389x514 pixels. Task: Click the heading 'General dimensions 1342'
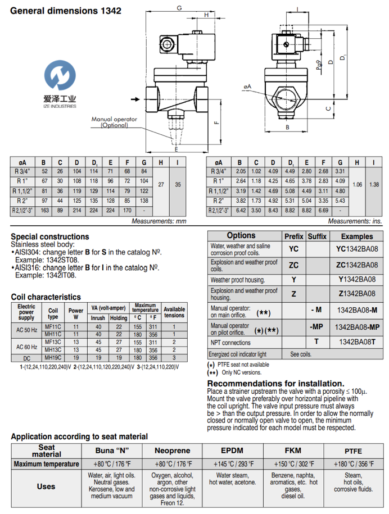tap(66, 11)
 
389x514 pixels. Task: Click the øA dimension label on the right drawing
tap(247, 86)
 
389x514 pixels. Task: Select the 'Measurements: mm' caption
tap(159, 222)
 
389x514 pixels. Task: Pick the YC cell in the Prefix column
tap(294, 248)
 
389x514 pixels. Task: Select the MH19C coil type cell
tap(54, 357)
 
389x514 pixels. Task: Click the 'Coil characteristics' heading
tap(46, 297)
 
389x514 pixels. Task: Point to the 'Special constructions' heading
tap(50, 236)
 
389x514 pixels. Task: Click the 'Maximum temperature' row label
tap(47, 465)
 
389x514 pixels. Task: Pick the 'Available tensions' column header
tap(174, 312)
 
